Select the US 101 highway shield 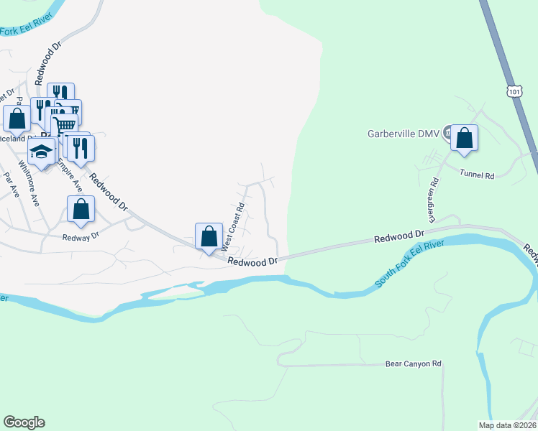tap(514, 91)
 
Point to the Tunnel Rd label tap(478, 175)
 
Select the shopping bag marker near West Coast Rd tap(209, 236)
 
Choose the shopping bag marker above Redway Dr tap(81, 210)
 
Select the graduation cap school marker tap(42, 152)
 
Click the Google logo tap(24, 422)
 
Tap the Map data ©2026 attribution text tap(507, 425)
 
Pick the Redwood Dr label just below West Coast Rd tap(252, 262)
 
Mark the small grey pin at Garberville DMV tap(447, 131)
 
